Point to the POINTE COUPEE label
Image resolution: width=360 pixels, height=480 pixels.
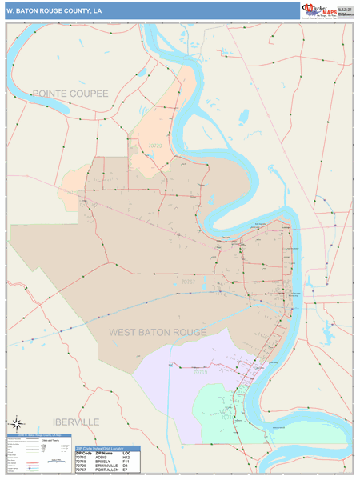coord(70,94)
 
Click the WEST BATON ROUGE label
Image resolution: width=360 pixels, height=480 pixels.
coord(158,332)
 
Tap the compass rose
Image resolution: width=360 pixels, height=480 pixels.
coord(16,424)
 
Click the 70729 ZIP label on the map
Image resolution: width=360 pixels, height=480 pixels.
coord(154,146)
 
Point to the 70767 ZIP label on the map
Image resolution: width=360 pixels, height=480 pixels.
coord(188,282)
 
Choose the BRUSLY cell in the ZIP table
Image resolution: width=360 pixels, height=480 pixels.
coord(101,463)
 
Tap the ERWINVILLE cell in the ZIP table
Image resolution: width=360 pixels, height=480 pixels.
coord(104,468)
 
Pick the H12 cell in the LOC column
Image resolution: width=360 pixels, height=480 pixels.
coord(126,458)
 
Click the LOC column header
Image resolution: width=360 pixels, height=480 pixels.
coord(126,454)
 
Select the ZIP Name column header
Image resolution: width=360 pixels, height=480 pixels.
coord(102,454)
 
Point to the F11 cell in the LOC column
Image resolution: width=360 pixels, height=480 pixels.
coord(126,463)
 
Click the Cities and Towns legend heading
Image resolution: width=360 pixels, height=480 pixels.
coord(48,442)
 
